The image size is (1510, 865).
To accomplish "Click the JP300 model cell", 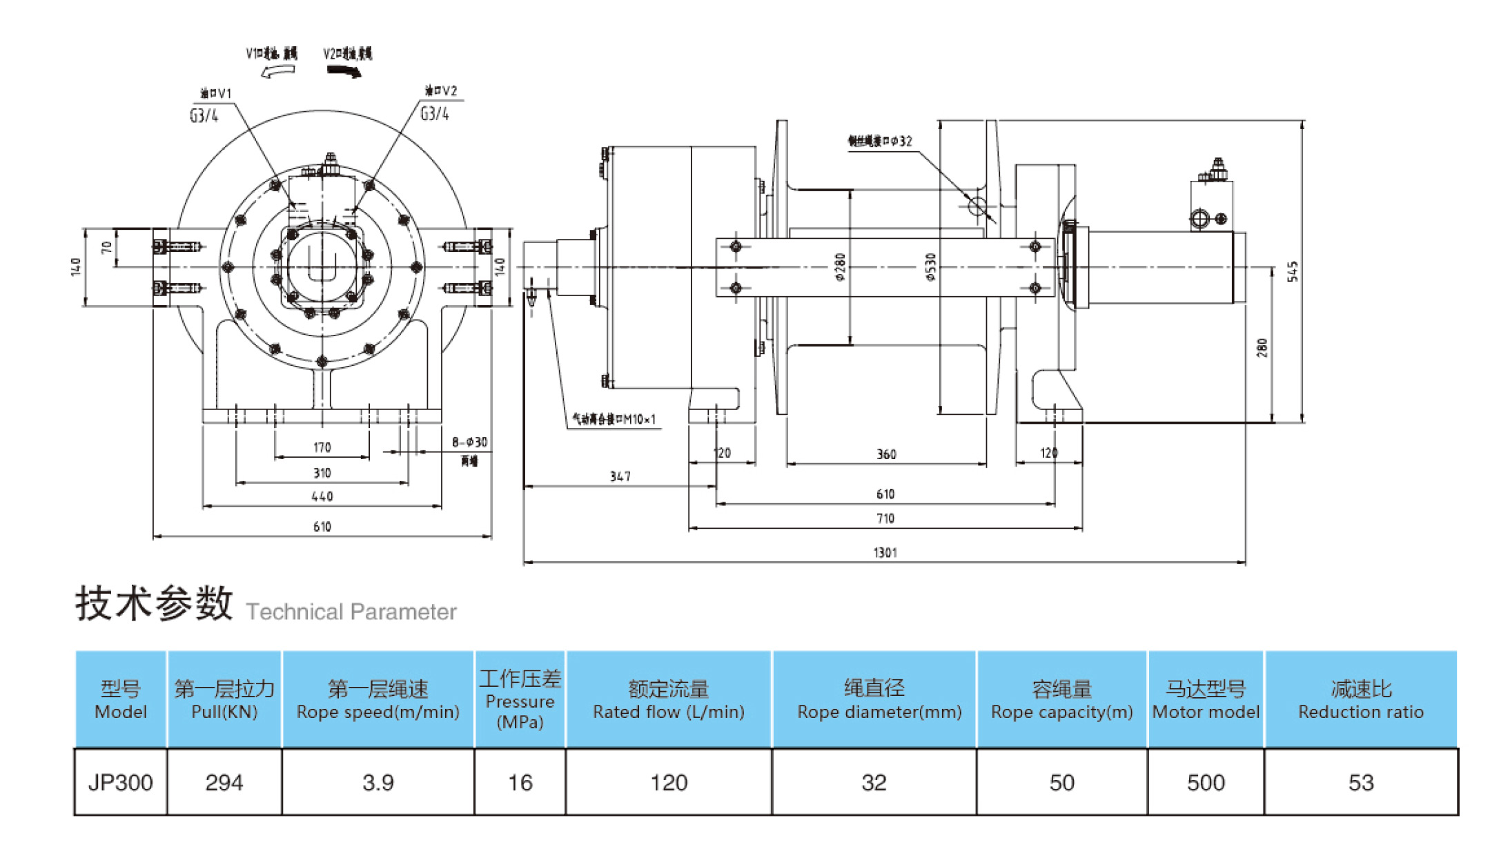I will (120, 782).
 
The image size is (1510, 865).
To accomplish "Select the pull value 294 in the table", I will (224, 782).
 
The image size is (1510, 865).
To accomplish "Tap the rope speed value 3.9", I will (378, 782).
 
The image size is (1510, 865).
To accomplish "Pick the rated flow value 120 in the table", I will (669, 782).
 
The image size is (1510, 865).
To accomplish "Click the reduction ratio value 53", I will (1361, 782).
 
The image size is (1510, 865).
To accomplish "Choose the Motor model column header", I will (1206, 700).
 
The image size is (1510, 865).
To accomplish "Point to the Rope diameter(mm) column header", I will (874, 700).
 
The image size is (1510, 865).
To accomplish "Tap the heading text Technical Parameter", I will (351, 612).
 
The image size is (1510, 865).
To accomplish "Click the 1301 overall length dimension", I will (885, 552).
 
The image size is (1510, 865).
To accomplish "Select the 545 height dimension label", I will (1293, 271).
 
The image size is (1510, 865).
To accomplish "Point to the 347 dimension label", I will (620, 476).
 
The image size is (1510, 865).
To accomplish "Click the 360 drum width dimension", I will (886, 454).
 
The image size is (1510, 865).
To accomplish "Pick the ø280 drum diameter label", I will (840, 267).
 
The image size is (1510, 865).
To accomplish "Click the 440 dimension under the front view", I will (322, 496).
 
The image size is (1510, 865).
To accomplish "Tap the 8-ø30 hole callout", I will (469, 443).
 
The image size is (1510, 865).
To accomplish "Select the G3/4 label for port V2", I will (435, 113).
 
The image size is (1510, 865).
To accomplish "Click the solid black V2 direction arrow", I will (344, 71).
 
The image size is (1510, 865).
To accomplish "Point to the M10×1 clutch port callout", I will (614, 419).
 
